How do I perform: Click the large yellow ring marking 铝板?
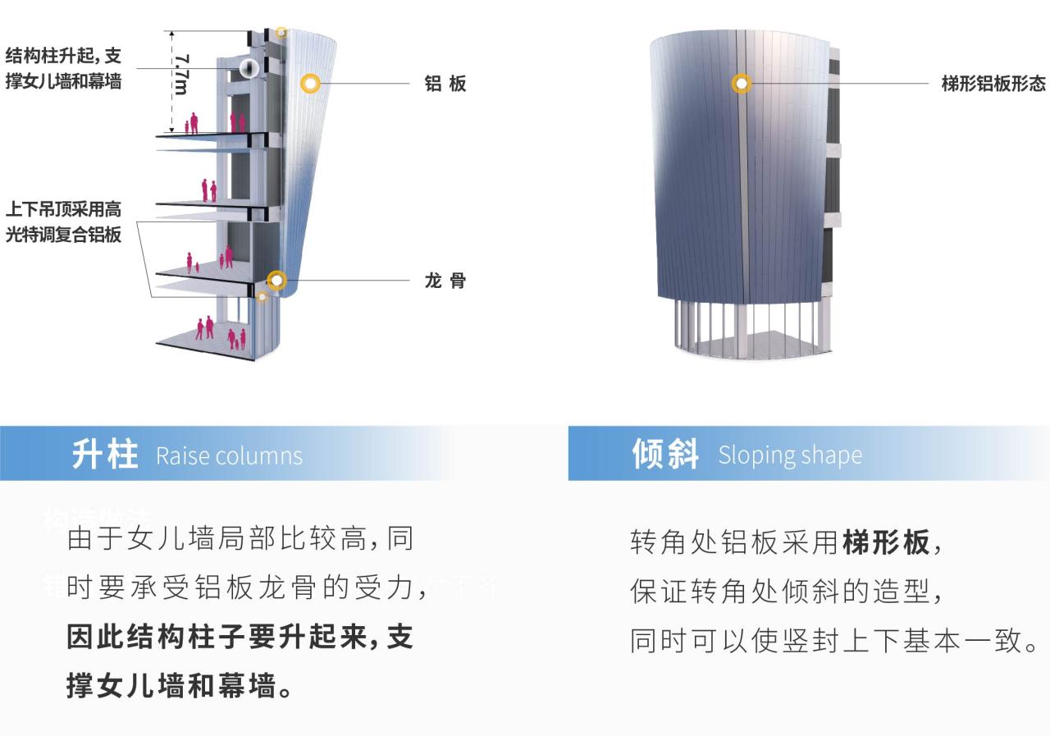tap(310, 83)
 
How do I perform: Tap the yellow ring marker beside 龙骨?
tap(277, 281)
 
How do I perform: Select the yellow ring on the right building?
tap(742, 83)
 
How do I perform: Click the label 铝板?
tap(445, 84)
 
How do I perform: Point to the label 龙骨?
tap(445, 281)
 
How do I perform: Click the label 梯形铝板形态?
tap(993, 84)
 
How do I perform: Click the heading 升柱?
tap(104, 454)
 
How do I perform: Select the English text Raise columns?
tap(229, 455)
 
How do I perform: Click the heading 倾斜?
tap(665, 454)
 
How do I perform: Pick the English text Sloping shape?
tap(790, 455)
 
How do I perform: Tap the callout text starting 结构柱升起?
tap(64, 68)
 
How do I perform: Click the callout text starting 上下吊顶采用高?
tap(64, 222)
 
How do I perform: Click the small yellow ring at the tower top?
tap(281, 33)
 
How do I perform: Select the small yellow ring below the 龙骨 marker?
tap(262, 296)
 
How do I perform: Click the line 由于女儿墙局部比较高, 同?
tap(240, 539)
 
